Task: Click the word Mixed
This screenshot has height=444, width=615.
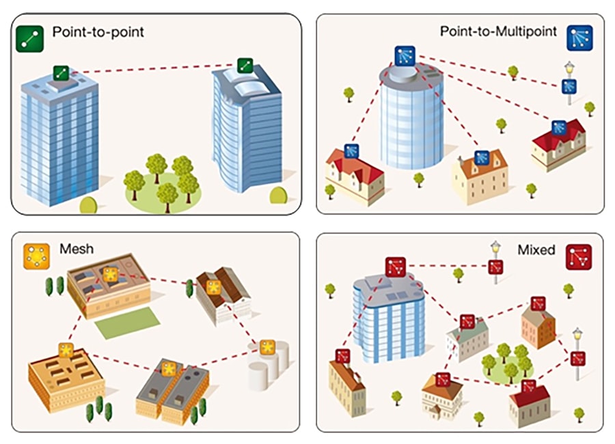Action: [536, 250]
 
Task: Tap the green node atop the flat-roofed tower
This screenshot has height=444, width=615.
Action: [62, 72]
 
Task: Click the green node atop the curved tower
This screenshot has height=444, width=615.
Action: [245, 66]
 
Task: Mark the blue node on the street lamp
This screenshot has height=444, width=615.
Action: [569, 87]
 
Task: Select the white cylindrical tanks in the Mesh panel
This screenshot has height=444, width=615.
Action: [268, 369]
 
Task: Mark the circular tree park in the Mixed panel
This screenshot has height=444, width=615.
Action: [507, 365]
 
